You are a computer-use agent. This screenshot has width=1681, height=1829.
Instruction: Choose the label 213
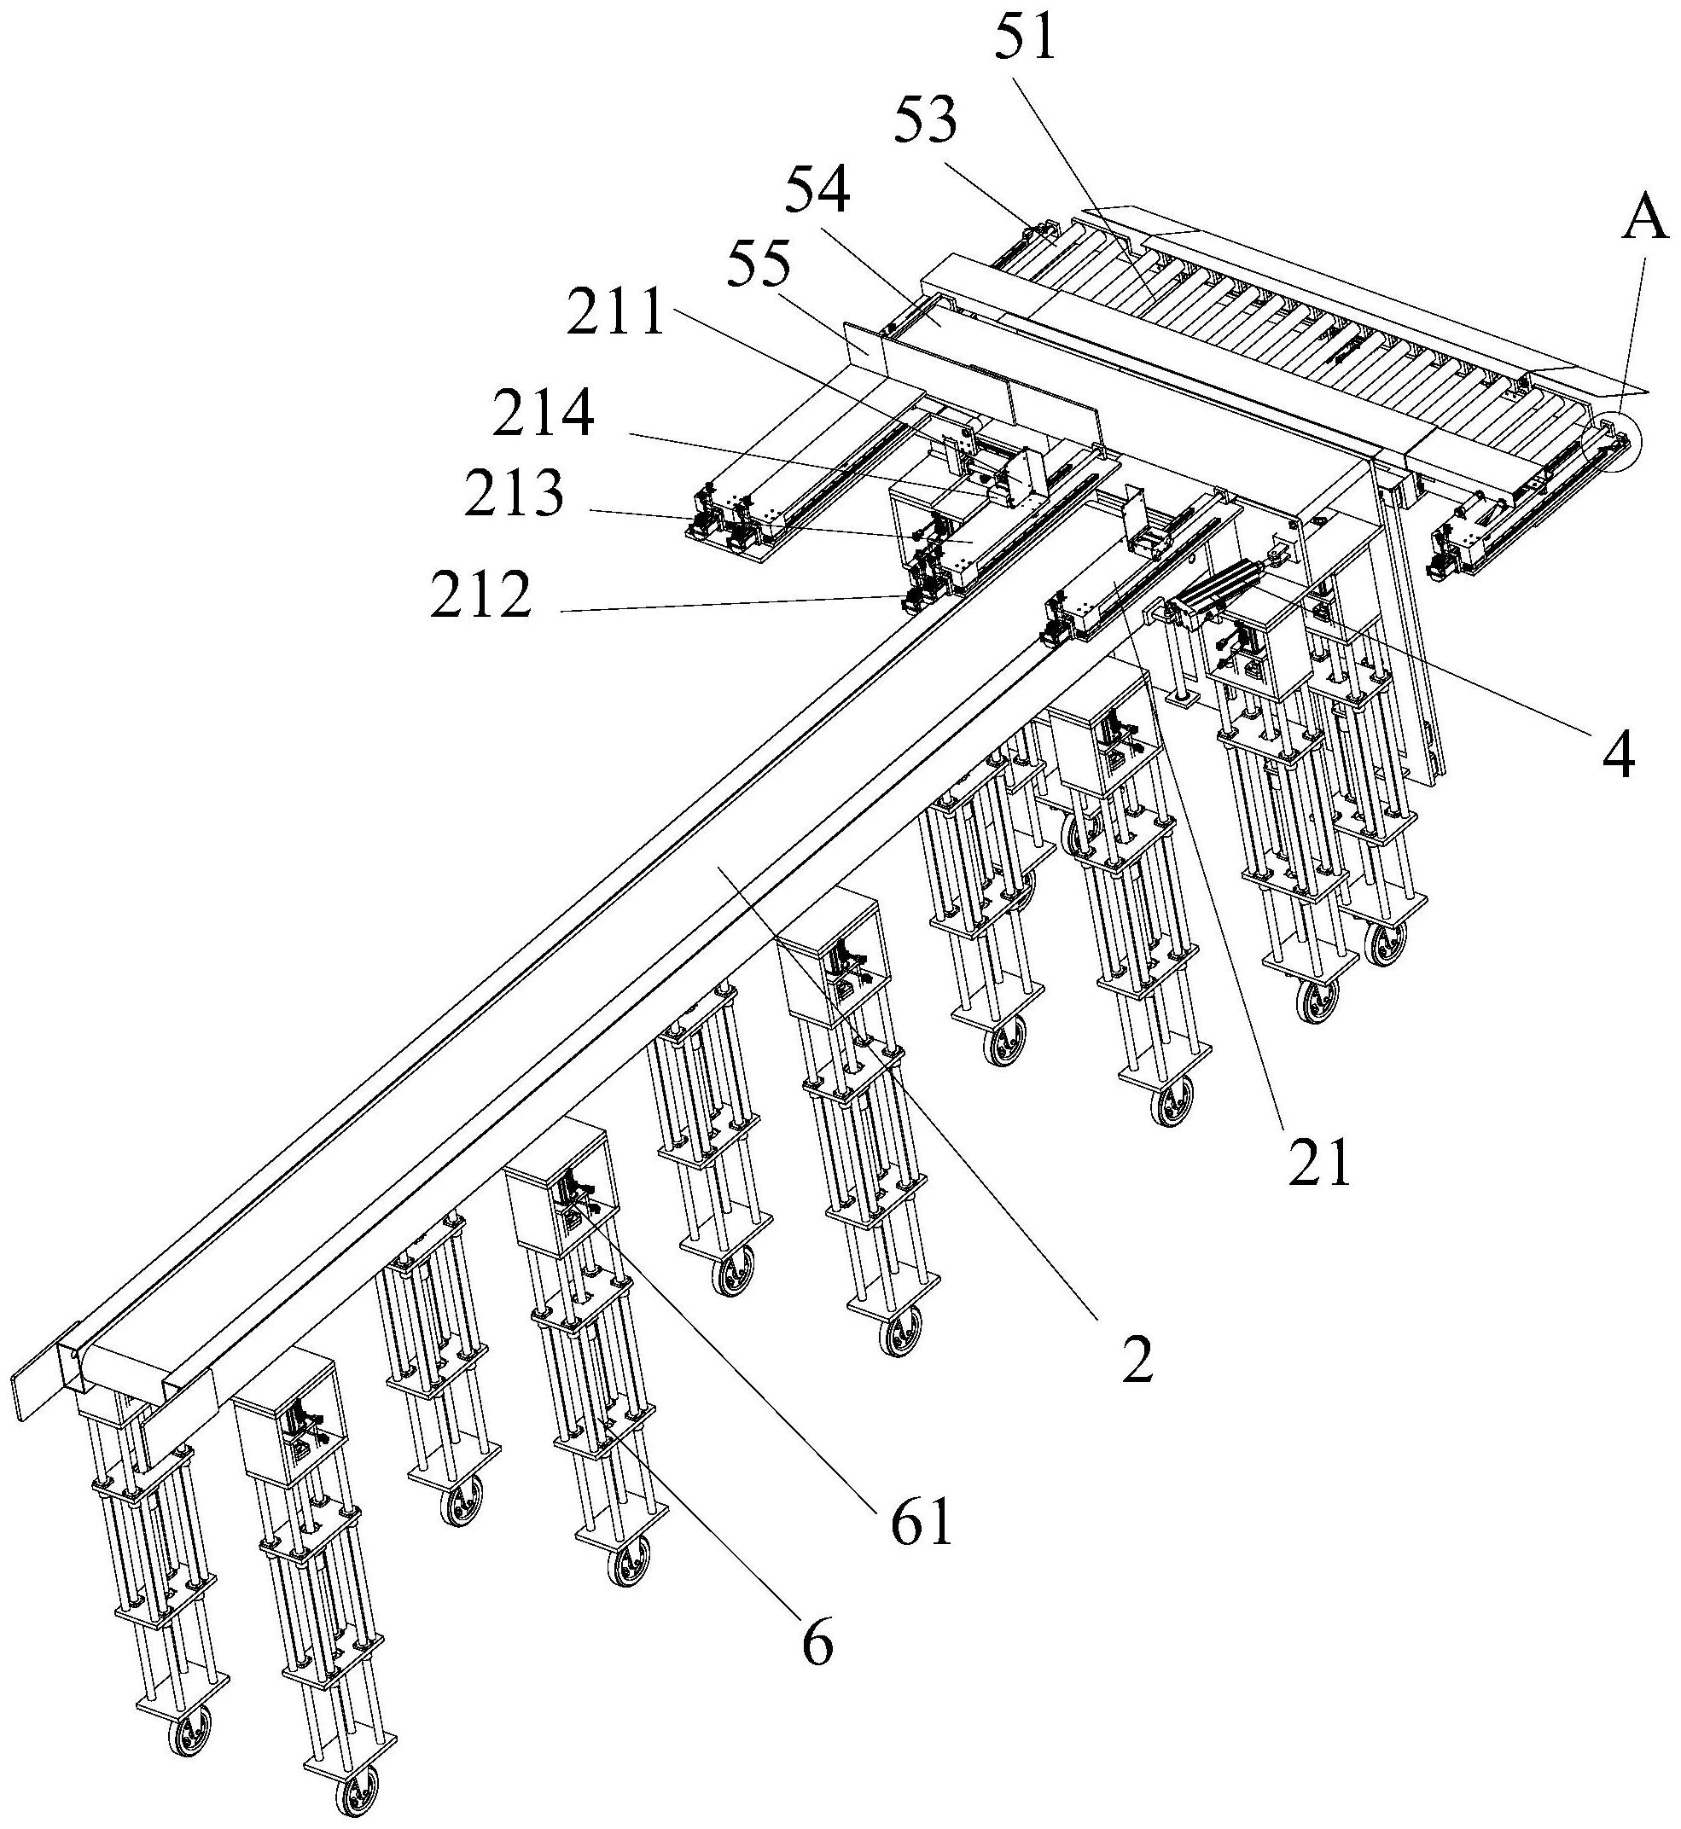[x=514, y=496]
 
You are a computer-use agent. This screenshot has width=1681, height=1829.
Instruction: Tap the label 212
[x=480, y=595]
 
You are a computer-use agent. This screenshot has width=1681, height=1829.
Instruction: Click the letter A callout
[x=1643, y=221]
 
